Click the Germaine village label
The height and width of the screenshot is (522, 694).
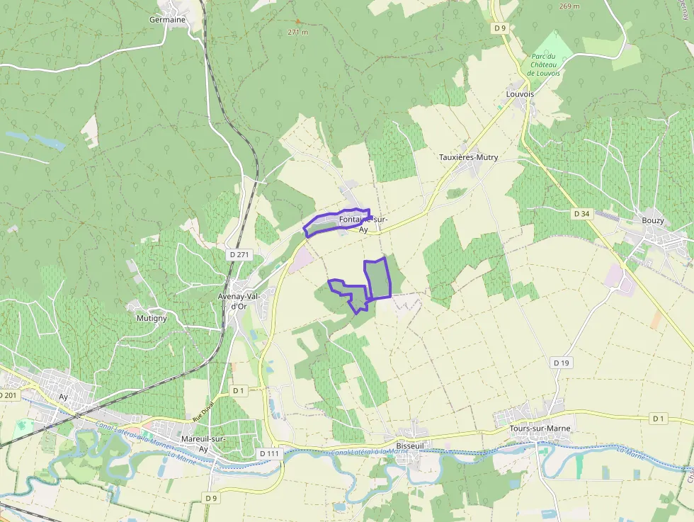click(167, 20)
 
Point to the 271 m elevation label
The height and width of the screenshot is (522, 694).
click(298, 33)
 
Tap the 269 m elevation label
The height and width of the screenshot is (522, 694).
click(569, 6)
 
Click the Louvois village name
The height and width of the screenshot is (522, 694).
click(520, 93)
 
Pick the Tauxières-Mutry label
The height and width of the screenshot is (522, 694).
click(468, 157)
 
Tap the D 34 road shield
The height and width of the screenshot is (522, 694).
click(581, 213)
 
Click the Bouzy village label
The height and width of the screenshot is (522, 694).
click(652, 220)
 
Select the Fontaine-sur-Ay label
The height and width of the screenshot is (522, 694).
click(363, 225)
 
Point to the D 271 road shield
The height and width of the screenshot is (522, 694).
click(239, 254)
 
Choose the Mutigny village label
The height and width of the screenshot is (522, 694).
click(152, 319)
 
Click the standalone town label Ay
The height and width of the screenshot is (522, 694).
click(64, 397)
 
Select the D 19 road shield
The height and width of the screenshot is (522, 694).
click(561, 363)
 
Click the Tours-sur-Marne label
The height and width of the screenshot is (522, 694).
click(540, 429)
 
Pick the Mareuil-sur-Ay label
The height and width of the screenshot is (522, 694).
click(203, 443)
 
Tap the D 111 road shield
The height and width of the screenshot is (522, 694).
click(270, 453)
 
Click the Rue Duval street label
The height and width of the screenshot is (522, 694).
click(202, 419)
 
